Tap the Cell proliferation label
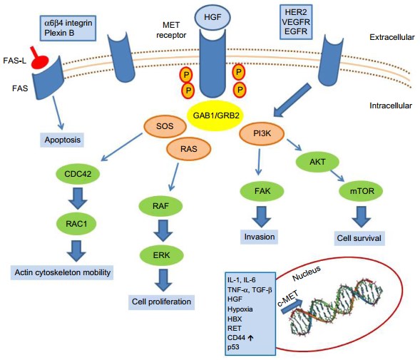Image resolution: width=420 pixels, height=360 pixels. coord(163,302)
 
